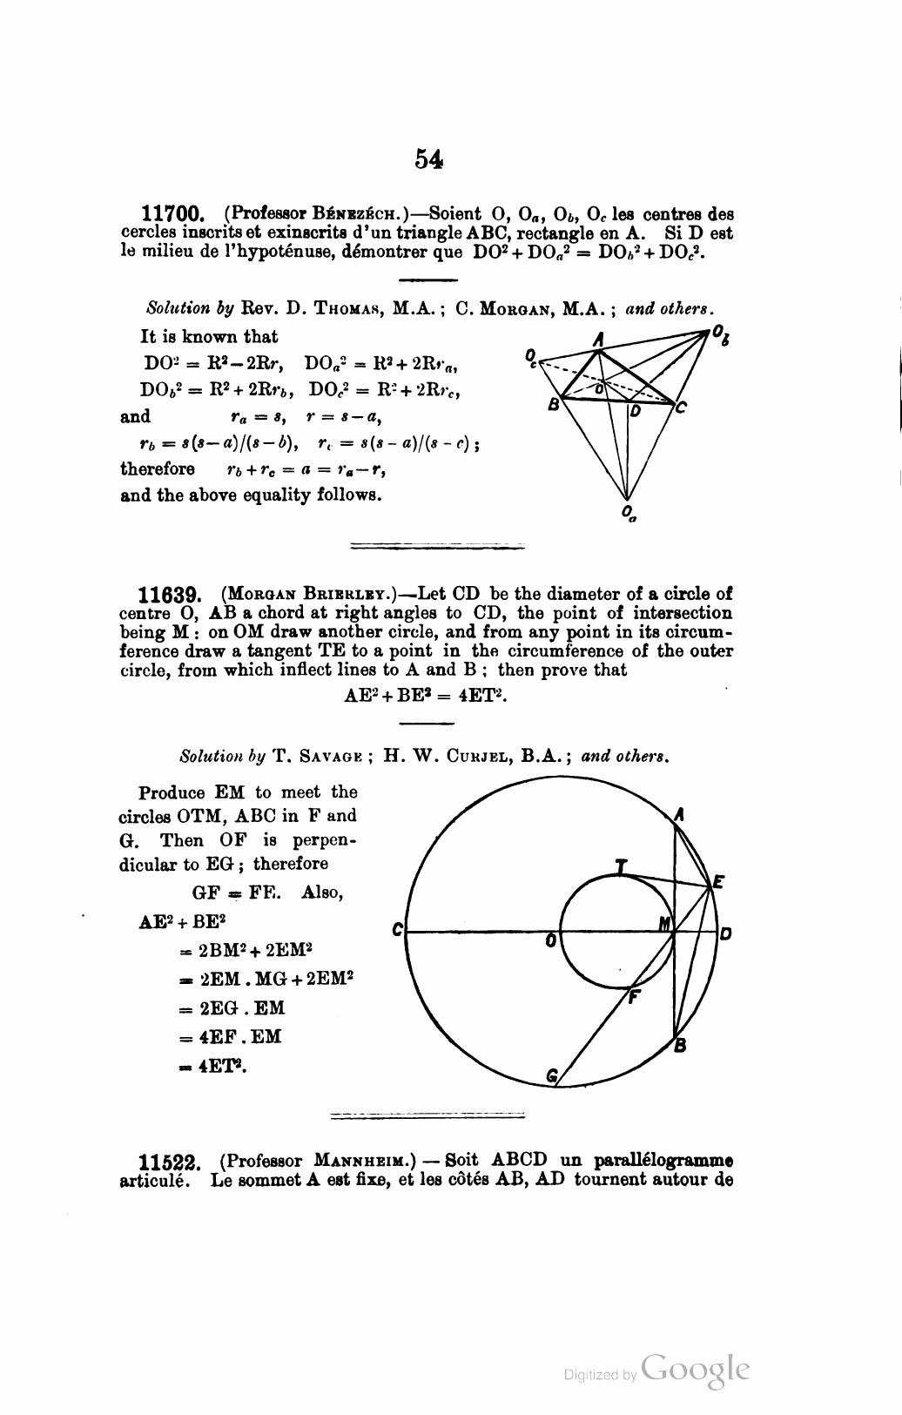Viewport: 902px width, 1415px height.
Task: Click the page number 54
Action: pyautogui.click(x=429, y=158)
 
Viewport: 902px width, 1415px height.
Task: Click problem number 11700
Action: pyautogui.click(x=172, y=213)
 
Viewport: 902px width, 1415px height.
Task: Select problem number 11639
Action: pyautogui.click(x=172, y=596)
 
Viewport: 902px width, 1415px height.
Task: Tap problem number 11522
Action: pyautogui.click(x=172, y=1162)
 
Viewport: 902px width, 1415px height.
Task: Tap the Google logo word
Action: pyautogui.click(x=695, y=1370)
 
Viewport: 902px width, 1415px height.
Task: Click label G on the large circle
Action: pyautogui.click(x=550, y=1076)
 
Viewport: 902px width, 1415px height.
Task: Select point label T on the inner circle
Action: pyautogui.click(x=620, y=866)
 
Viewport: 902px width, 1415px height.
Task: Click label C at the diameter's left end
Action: pyautogui.click(x=397, y=930)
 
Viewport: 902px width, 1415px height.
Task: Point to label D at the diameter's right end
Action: pyautogui.click(x=724, y=934)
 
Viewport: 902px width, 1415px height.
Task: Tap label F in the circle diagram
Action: pyautogui.click(x=635, y=998)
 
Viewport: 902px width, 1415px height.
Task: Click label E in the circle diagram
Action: pyautogui.click(x=718, y=882)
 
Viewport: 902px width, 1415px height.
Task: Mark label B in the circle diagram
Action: pyautogui.click(x=680, y=1048)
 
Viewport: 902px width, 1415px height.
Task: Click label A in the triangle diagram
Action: pyautogui.click(x=598, y=339)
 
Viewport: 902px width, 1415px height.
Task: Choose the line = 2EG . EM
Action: pyautogui.click(x=231, y=1008)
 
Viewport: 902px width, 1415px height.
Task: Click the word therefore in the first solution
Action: pyautogui.click(x=158, y=468)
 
